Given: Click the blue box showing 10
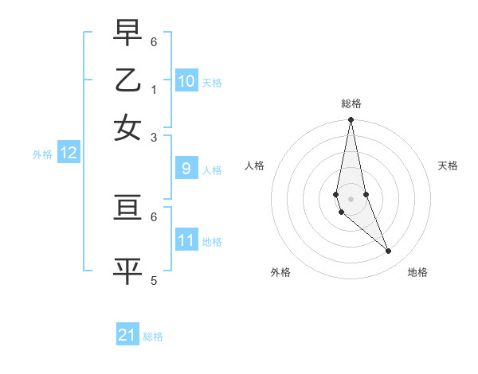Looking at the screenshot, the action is (x=186, y=80).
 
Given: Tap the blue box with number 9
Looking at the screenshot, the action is (x=186, y=168).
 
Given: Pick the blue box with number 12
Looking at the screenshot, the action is (x=69, y=153).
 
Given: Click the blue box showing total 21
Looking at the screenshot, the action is (x=127, y=335).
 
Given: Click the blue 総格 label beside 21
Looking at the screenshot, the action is (x=153, y=337).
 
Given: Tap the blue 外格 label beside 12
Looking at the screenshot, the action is (x=42, y=154).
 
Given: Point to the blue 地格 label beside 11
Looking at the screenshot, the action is (x=212, y=241).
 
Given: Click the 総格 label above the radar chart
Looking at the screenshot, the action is (x=351, y=103).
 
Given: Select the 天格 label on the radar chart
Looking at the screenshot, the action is (x=449, y=166).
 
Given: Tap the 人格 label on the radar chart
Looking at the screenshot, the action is (x=254, y=166).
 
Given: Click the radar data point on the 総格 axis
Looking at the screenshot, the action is (x=351, y=120).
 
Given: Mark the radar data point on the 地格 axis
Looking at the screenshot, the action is (x=389, y=251).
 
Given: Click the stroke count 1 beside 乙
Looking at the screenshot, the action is (x=154, y=88).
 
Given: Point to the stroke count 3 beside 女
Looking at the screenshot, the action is (x=154, y=137).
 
